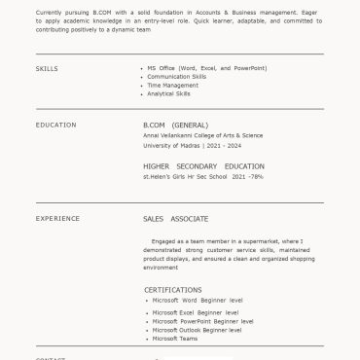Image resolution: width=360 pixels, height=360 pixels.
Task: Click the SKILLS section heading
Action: click(x=47, y=69)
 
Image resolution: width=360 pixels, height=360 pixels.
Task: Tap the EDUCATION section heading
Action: click(x=55, y=126)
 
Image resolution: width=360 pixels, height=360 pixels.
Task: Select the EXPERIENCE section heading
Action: click(x=57, y=219)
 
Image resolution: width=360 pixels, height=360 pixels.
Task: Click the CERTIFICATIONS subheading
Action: click(x=173, y=290)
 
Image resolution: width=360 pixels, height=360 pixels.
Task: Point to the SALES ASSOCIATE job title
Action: click(x=175, y=219)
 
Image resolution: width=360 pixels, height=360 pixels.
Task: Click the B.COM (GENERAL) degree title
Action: click(x=175, y=126)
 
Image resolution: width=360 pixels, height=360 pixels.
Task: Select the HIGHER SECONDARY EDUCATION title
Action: click(x=203, y=166)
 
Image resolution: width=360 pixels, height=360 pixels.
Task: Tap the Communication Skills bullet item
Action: click(x=176, y=77)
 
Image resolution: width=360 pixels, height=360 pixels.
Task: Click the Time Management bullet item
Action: click(x=172, y=86)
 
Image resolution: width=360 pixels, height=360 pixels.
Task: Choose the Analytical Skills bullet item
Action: click(x=168, y=94)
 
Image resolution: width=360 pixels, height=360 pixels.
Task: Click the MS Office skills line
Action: click(x=206, y=68)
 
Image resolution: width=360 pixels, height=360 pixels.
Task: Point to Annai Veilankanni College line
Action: click(x=202, y=136)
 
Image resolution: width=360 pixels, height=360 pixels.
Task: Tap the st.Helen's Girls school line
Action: click(x=202, y=177)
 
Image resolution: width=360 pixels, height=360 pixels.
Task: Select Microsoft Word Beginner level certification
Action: click(x=198, y=301)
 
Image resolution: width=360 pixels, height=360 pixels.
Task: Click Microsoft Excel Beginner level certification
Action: click(x=196, y=312)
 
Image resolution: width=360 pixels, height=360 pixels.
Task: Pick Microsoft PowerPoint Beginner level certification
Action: click(x=202, y=321)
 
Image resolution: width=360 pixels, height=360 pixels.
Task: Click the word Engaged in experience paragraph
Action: click(x=162, y=240)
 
